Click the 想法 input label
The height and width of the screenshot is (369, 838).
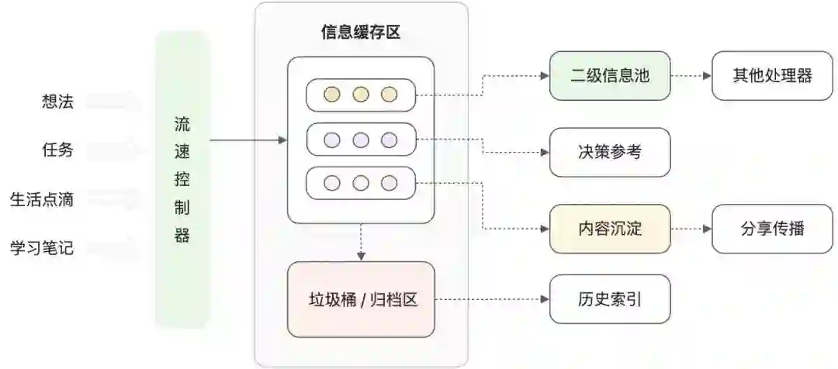[57, 102]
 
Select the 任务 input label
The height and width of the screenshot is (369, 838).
[57, 150]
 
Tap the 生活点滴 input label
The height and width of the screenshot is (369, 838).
[42, 199]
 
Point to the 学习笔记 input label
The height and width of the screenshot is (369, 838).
[42, 248]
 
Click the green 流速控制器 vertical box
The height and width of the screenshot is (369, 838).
[182, 180]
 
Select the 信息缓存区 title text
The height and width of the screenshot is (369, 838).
[361, 32]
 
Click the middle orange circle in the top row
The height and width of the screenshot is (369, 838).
[360, 95]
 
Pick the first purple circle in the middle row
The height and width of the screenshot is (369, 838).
[331, 140]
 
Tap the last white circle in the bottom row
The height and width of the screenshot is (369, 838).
[389, 184]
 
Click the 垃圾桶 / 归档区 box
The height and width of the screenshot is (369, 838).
[361, 299]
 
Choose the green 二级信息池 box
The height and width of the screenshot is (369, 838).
[609, 76]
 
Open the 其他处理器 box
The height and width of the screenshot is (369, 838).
[772, 76]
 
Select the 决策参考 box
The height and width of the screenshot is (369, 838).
[609, 152]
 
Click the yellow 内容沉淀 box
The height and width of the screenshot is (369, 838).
[609, 229]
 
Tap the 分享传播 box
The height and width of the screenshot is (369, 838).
[772, 229]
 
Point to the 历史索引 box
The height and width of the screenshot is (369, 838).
[609, 299]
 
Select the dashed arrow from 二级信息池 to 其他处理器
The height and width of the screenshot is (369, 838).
[691, 76]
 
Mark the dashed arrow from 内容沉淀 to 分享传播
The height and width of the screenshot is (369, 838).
[691, 229]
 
